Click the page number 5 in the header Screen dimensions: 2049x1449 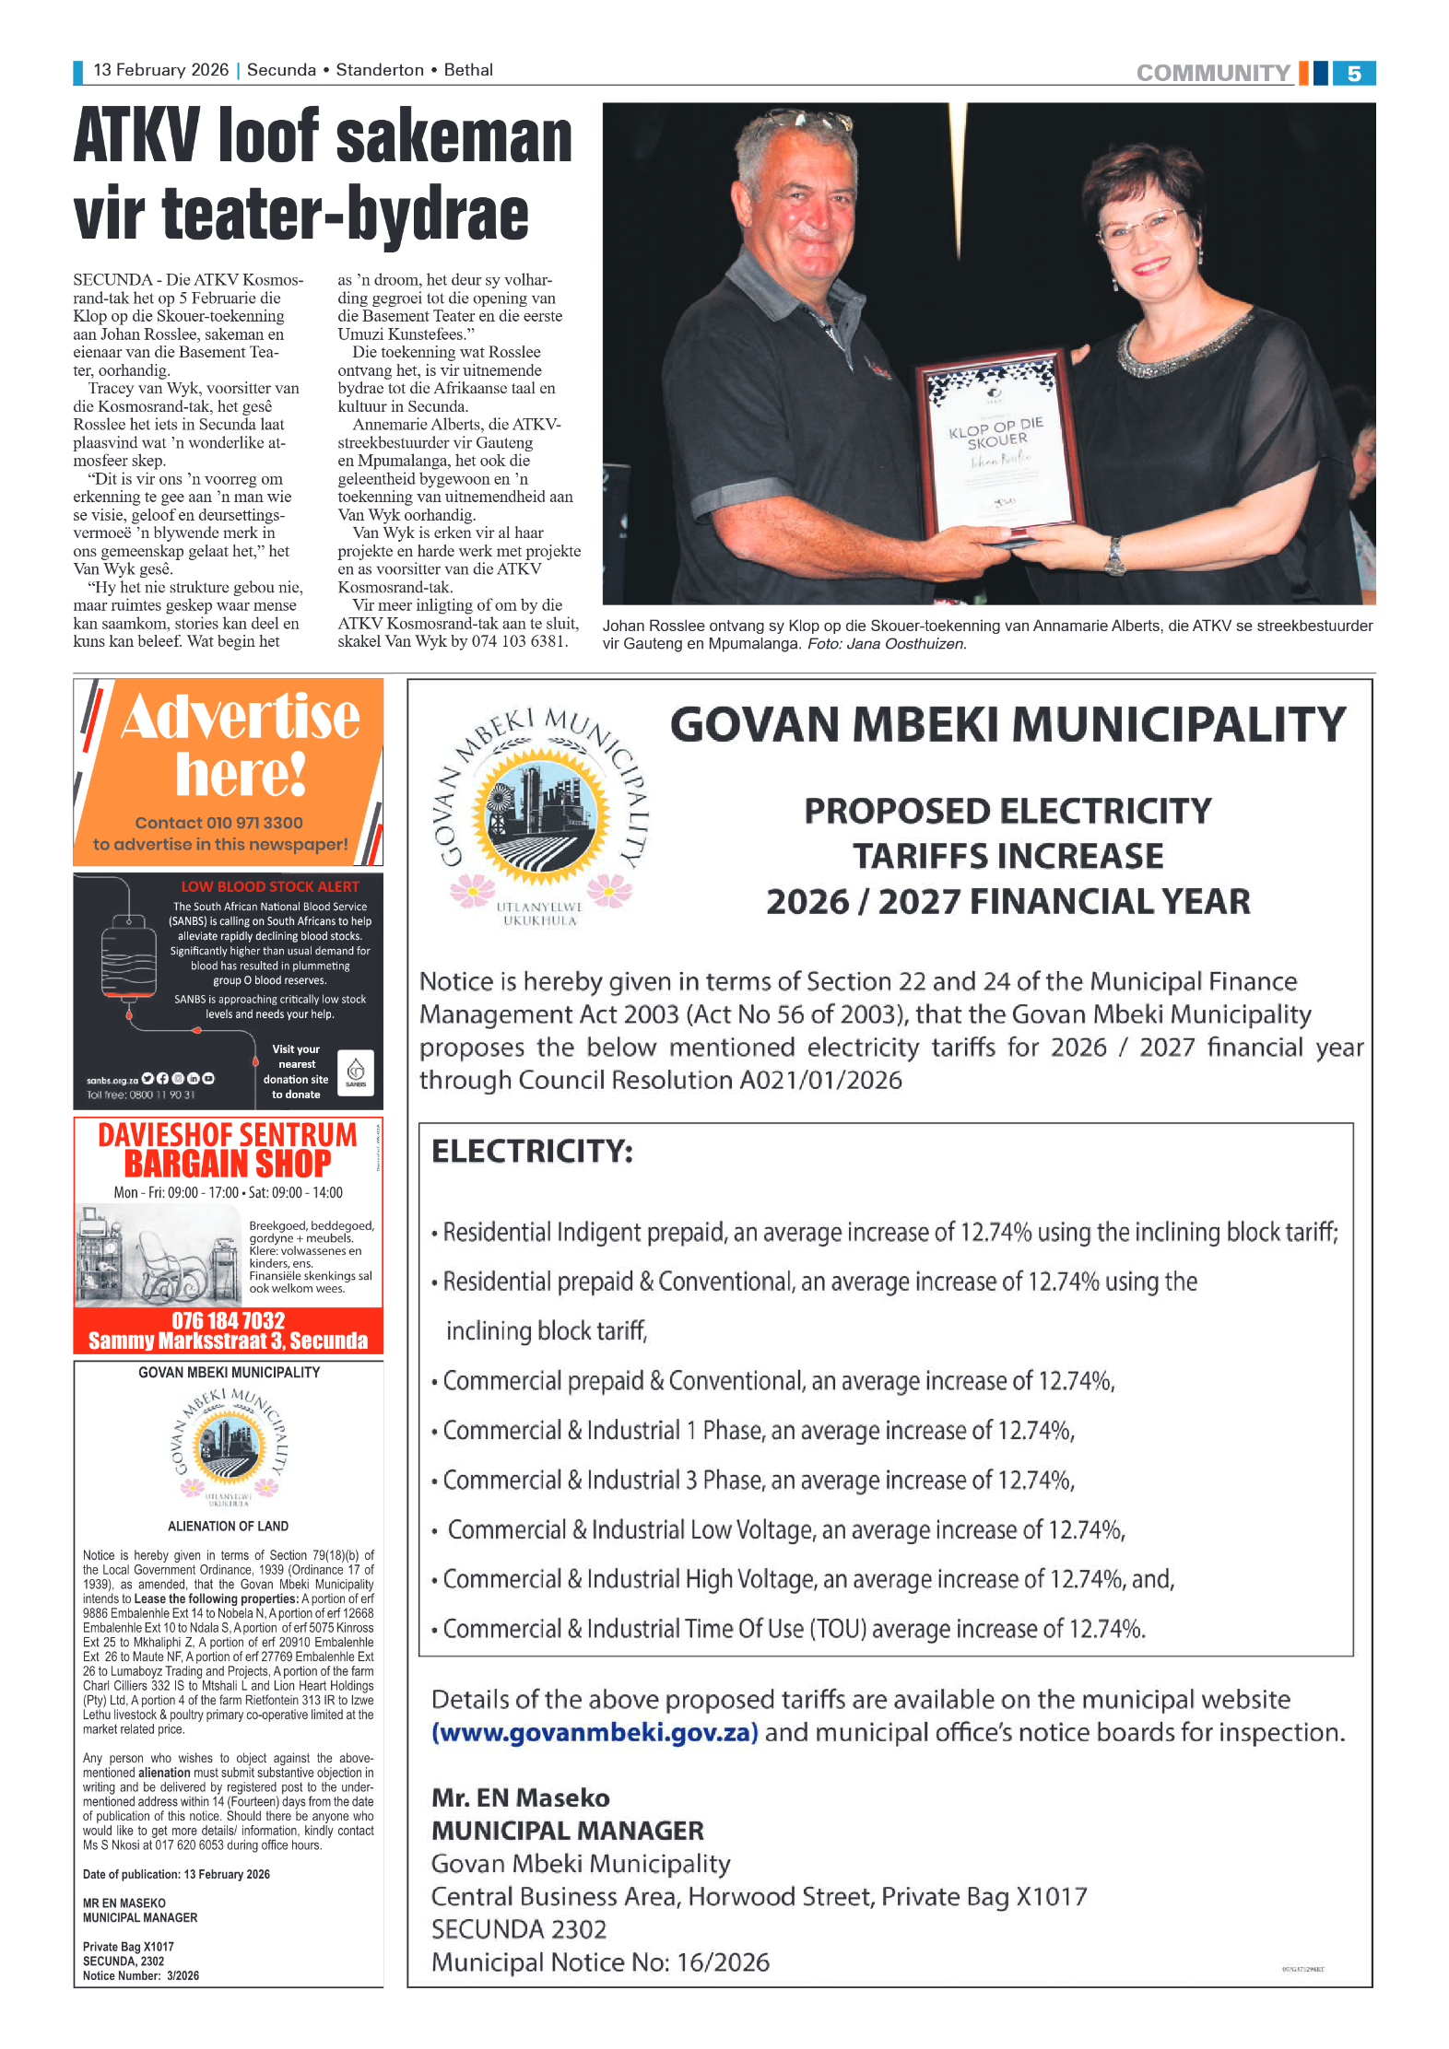point(1353,74)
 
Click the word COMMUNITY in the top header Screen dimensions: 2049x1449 point(1212,74)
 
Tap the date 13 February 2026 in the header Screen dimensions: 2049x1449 point(160,70)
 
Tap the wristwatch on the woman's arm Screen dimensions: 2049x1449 point(1116,555)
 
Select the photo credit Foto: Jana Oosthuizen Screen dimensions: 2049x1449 point(887,644)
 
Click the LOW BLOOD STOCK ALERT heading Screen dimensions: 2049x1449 point(269,886)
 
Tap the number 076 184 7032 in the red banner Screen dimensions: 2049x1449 point(228,1320)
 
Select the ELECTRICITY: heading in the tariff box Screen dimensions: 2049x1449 point(532,1152)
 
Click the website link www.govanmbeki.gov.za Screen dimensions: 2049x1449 point(595,1733)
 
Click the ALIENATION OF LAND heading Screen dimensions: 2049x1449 point(228,1526)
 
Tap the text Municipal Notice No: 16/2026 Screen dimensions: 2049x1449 point(600,1962)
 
